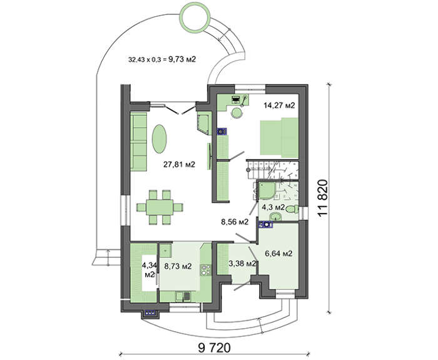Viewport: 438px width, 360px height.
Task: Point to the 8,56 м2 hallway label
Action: tap(235, 221)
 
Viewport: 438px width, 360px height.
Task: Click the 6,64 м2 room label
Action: tap(279, 254)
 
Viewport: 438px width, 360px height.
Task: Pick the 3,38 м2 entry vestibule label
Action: tap(242, 264)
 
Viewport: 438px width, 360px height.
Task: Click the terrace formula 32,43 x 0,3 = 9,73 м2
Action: tap(162, 60)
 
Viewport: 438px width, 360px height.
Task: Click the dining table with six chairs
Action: tap(160, 206)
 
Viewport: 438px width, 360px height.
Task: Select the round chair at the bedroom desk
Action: tap(237, 113)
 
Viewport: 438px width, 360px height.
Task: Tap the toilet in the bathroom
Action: tap(274, 218)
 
